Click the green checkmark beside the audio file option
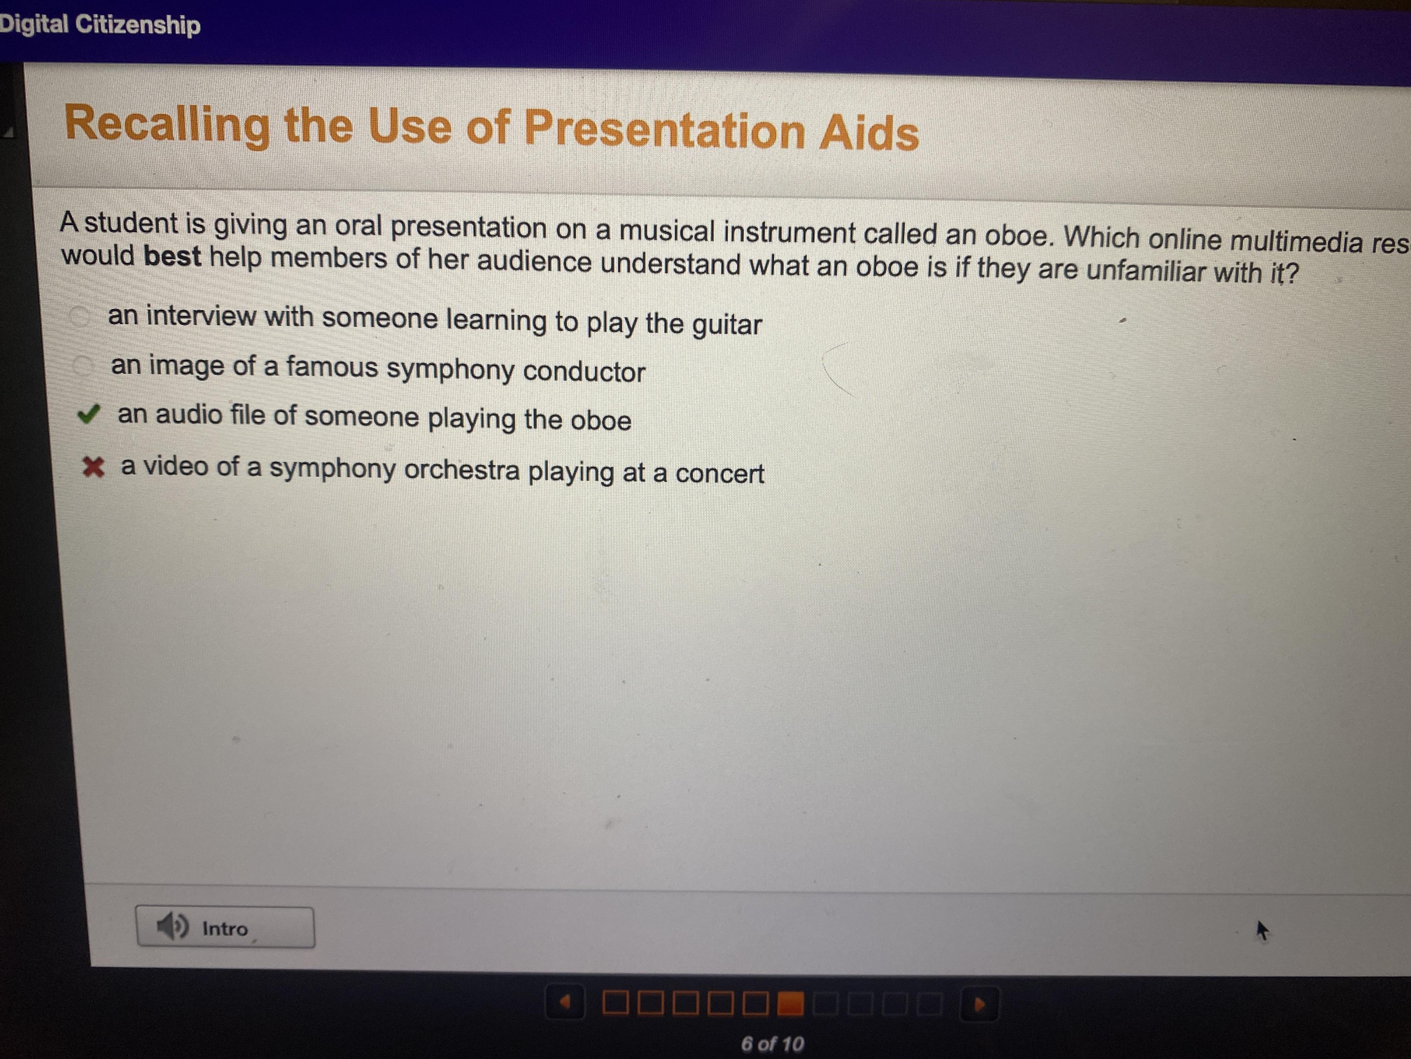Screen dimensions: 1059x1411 pyautogui.click(x=88, y=415)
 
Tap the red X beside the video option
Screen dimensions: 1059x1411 pyautogui.click(x=93, y=467)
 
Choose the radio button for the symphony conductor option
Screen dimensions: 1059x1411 pyautogui.click(x=83, y=366)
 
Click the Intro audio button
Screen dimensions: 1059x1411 pyautogui.click(x=225, y=928)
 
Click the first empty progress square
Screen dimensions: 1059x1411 pyautogui.click(x=615, y=1003)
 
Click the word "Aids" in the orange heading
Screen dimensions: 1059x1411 pyautogui.click(x=869, y=133)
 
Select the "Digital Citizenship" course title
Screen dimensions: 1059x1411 pyautogui.click(x=99, y=24)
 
